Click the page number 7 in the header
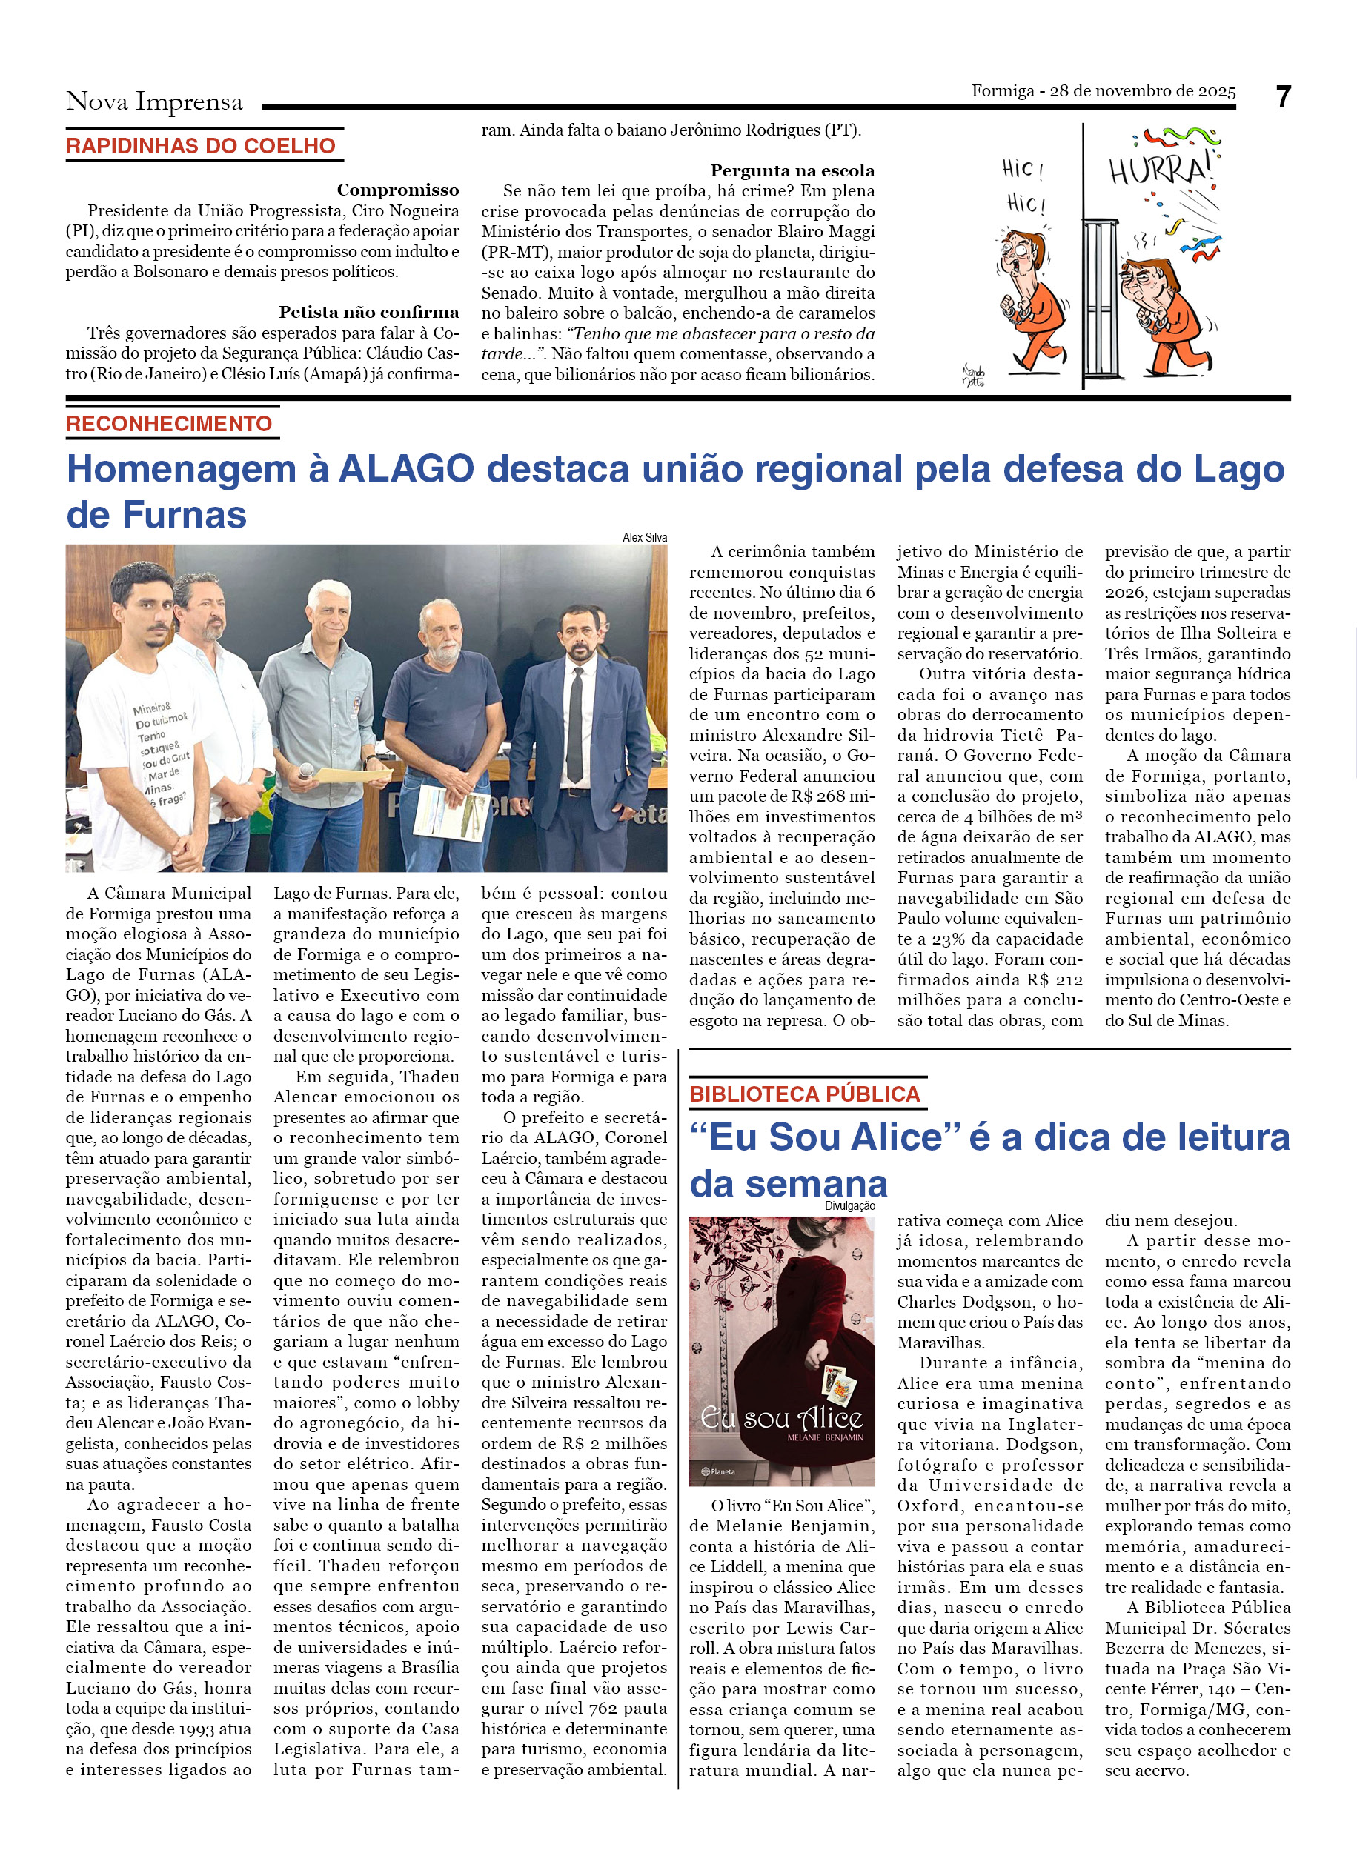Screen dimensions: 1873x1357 click(1283, 98)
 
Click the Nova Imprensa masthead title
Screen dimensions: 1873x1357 click(154, 102)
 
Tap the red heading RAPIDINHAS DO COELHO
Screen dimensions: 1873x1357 click(201, 146)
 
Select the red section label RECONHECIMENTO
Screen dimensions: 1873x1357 click(169, 424)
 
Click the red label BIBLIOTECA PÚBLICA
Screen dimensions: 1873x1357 click(804, 1094)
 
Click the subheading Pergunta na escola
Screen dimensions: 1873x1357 click(792, 171)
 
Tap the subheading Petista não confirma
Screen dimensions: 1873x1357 click(368, 312)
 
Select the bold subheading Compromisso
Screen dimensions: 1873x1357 click(397, 190)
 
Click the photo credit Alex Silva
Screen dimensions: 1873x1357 click(644, 538)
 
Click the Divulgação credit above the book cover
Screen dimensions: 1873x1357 click(849, 1206)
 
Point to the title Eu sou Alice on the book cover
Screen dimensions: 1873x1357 click(781, 1419)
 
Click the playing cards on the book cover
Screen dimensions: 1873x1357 click(838, 1384)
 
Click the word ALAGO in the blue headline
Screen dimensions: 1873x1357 click(406, 469)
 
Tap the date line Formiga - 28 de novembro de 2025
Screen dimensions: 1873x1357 click(1103, 91)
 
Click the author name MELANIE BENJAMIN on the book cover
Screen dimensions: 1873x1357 click(825, 1438)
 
